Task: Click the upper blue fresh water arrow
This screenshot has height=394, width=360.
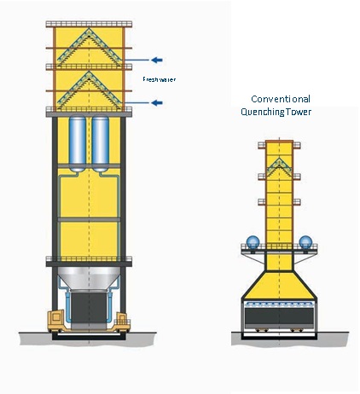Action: click(x=157, y=60)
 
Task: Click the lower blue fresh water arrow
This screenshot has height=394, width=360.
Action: click(x=157, y=102)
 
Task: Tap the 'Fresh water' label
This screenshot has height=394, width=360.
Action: click(x=159, y=79)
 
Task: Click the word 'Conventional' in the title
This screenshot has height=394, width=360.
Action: click(x=281, y=99)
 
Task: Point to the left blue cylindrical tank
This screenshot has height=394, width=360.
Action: click(x=78, y=144)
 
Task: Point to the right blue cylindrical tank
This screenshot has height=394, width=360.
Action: click(x=101, y=144)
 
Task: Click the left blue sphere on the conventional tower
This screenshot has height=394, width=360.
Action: click(x=253, y=242)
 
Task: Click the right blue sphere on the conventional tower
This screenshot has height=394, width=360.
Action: click(x=305, y=242)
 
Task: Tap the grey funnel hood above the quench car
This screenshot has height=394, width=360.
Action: click(x=89, y=279)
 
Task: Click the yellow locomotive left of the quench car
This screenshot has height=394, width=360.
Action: click(x=57, y=322)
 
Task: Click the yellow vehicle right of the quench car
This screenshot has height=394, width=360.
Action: click(x=122, y=322)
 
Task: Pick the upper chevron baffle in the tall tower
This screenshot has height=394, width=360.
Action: click(x=90, y=47)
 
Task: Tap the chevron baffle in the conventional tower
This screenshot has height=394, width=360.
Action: click(x=280, y=168)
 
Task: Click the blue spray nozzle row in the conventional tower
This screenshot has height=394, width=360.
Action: click(x=279, y=304)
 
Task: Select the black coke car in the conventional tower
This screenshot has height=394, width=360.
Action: click(x=279, y=318)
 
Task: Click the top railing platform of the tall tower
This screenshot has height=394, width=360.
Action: click(x=89, y=24)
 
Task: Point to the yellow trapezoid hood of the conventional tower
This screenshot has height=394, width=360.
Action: click(x=279, y=285)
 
